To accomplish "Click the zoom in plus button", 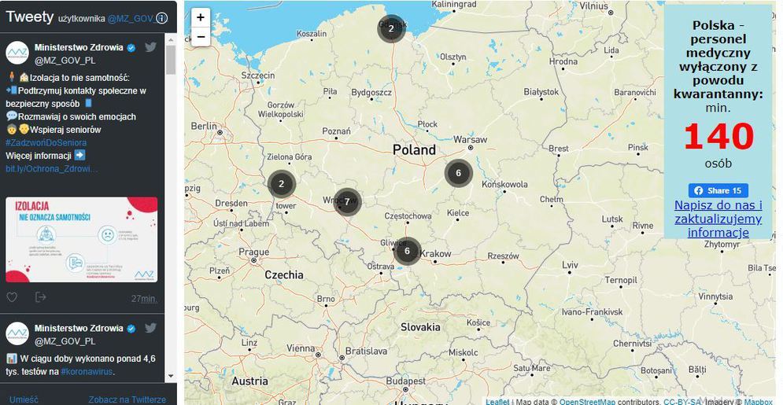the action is tap(201, 17).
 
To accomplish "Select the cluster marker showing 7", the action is tap(347, 202).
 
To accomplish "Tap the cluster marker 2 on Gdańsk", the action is tap(391, 29).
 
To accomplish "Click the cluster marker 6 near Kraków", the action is tap(407, 251).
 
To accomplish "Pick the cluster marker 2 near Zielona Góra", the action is tap(281, 185).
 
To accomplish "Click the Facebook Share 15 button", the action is tap(718, 190).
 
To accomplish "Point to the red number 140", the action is tap(718, 137).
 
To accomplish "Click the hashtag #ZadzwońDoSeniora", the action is tap(46, 142).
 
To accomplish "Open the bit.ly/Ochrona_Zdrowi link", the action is tap(52, 168).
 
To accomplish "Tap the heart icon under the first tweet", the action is tap(12, 297).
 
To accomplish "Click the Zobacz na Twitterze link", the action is tap(127, 399).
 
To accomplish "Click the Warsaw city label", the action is tap(471, 140).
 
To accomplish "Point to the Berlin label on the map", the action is tap(203, 126).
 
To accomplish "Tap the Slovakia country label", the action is tap(420, 326).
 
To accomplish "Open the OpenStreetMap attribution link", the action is tap(587, 402).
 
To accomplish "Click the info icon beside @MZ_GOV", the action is tap(161, 18).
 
